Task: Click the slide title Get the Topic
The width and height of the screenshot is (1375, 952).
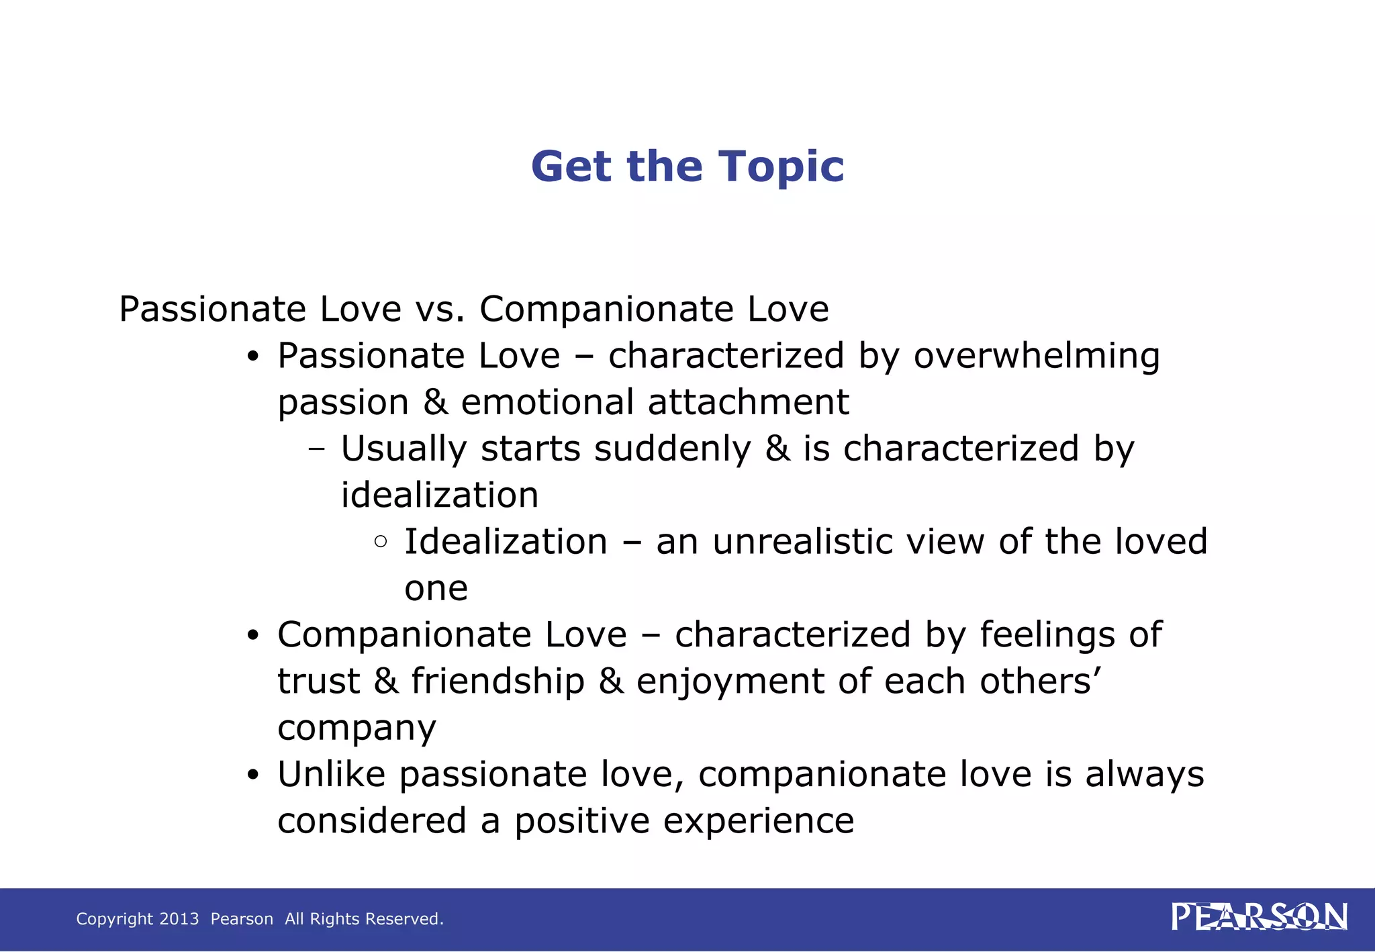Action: pos(687,166)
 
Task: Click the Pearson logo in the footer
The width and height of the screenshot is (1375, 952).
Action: pos(1259,917)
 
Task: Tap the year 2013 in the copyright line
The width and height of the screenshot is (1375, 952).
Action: pos(179,918)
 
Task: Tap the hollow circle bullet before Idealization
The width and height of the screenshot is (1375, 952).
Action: pos(381,541)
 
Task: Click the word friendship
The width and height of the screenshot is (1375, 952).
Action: pos(497,681)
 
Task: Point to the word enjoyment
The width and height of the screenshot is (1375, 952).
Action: pos(730,682)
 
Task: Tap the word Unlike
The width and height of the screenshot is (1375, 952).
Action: pos(331,774)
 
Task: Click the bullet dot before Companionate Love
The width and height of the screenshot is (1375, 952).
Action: pos(252,635)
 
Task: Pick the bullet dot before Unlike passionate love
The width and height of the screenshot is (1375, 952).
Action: pos(252,775)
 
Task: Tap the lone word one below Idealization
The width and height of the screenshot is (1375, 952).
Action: pos(436,589)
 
